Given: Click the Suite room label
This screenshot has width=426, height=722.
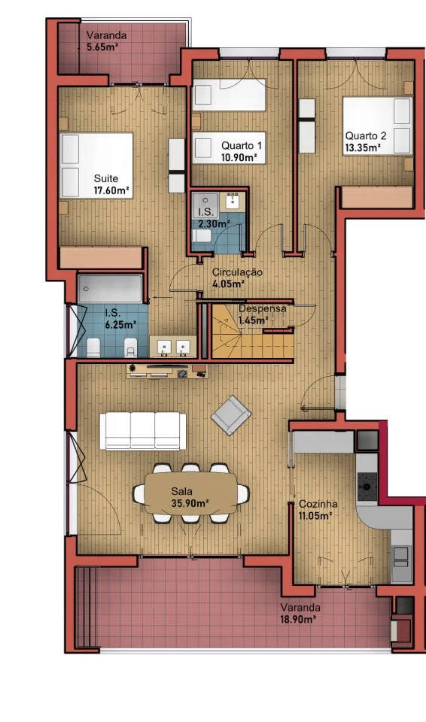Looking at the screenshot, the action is pos(106,178).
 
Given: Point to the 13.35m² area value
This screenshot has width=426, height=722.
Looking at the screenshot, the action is pos(363,148).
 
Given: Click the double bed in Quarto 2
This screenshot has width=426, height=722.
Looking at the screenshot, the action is pos(376,126).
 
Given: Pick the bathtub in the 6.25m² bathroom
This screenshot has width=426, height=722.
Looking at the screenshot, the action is pos(110,289).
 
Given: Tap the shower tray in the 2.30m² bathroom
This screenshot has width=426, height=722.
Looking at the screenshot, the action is pos(205,202).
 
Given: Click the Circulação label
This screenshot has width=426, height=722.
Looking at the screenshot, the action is pos(237,272).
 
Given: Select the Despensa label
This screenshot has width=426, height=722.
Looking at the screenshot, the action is pos(263,308).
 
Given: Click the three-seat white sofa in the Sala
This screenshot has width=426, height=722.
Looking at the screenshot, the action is pos(143,431).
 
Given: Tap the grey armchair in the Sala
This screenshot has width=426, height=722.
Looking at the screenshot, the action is pos(231,415).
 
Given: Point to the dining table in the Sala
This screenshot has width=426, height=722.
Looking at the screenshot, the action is pos(191,493).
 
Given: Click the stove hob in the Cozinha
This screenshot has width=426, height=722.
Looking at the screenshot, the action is pos(367,487).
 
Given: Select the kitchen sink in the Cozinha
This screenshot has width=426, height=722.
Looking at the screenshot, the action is pos(400,556).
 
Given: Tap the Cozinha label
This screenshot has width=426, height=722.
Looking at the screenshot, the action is pos(318,504).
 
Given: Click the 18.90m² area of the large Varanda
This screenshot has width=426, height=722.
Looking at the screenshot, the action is pos(298,619).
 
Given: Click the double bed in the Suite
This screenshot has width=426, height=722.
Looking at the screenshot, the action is pos(96,165).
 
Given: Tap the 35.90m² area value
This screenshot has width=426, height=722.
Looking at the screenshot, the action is pos(190,503).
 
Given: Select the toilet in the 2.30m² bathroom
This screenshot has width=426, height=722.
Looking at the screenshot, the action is pos(201,236).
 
